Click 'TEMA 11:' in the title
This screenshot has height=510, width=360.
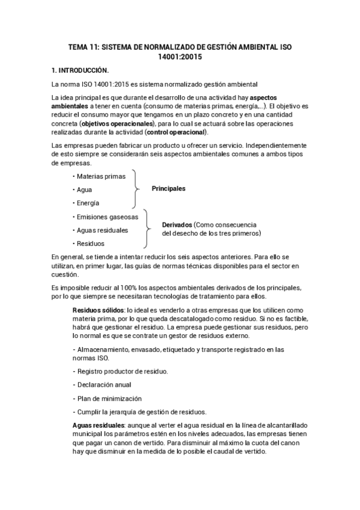tap(84, 46)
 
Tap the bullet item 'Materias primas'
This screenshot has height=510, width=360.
tap(100, 176)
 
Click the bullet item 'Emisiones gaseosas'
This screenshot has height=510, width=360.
tap(106, 217)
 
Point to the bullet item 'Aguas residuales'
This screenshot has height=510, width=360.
tap(102, 230)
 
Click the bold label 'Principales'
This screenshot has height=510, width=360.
tap(168, 189)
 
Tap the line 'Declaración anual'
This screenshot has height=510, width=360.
tap(103, 385)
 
